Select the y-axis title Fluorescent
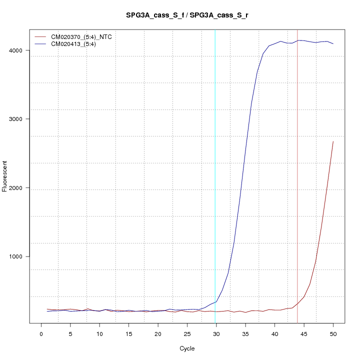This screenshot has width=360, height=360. pos(5,176)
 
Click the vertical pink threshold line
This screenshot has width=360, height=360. pos(297,200)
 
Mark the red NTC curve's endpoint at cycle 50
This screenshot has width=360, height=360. pos(333,141)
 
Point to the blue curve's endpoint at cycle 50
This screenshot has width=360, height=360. pos(333,44)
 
